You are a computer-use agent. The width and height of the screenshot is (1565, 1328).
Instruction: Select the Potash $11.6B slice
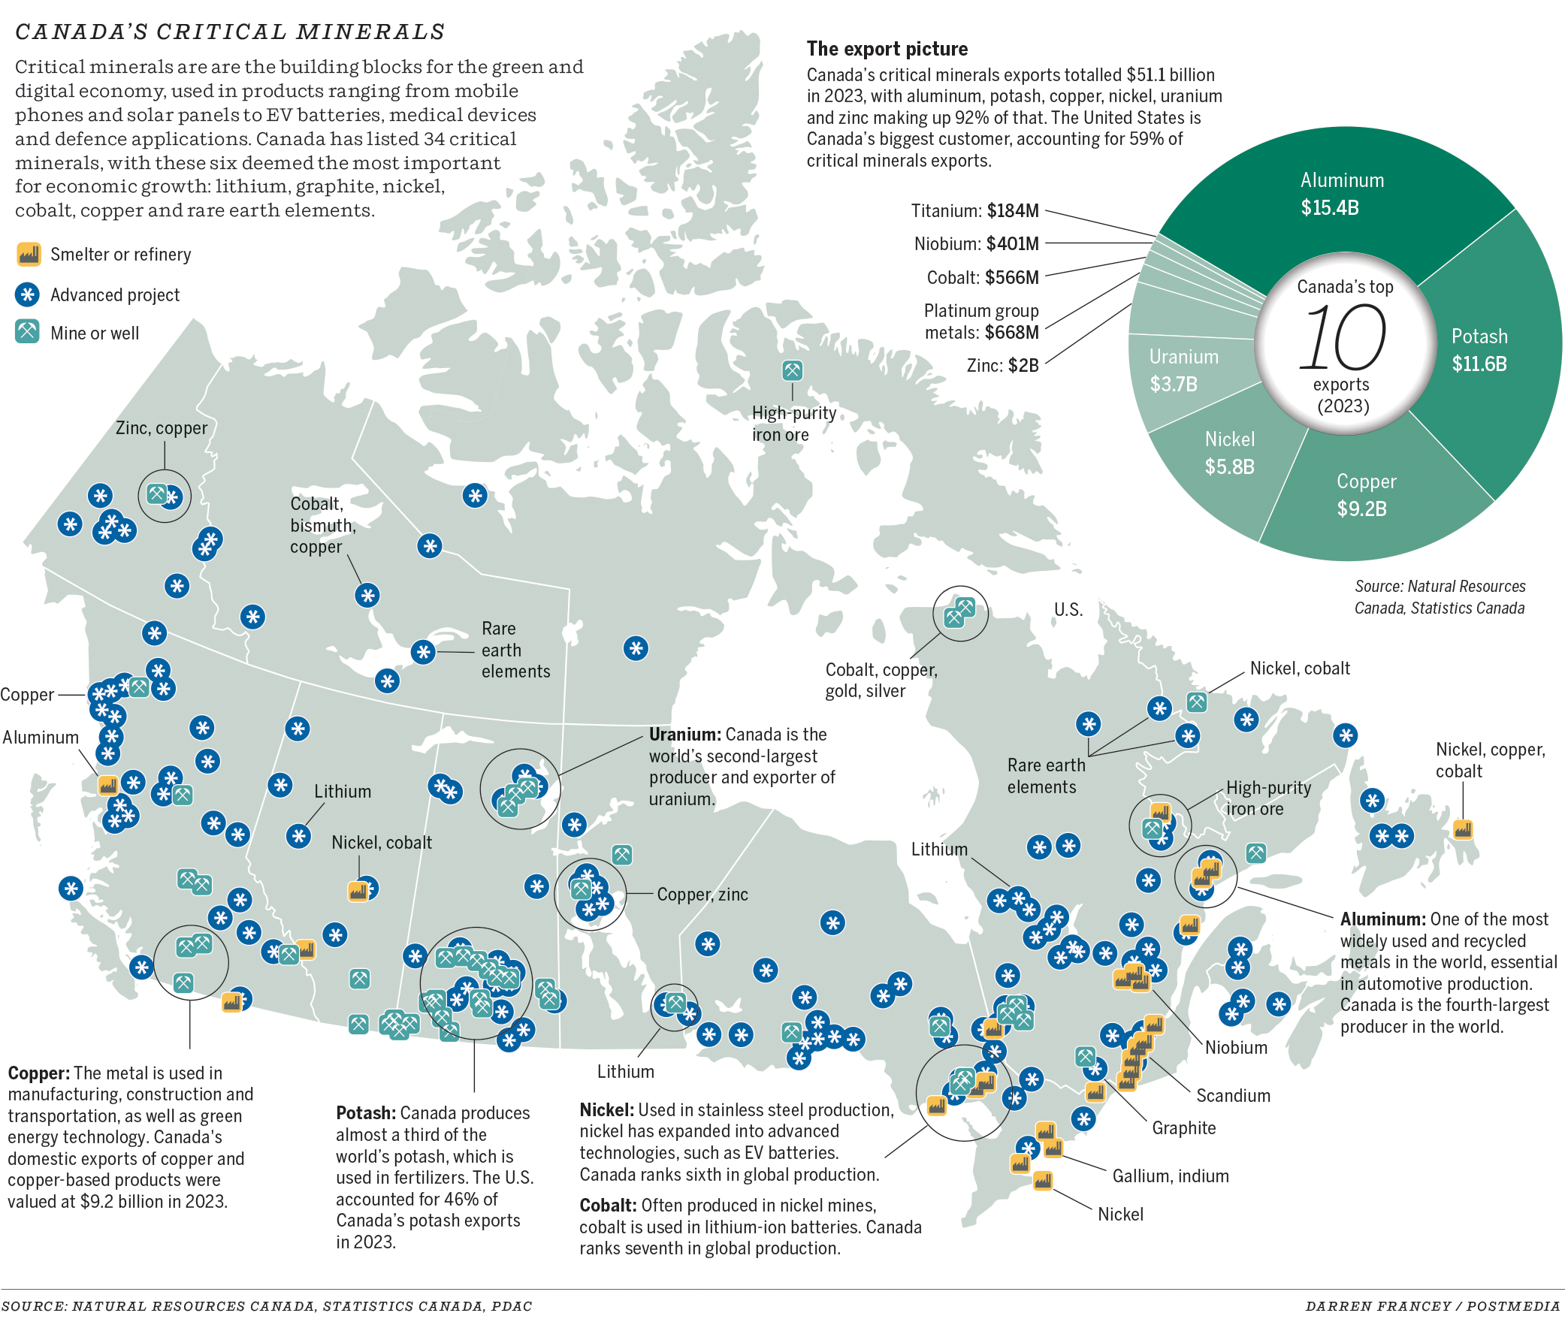1479,350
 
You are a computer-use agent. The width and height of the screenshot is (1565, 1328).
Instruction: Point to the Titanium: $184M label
974,211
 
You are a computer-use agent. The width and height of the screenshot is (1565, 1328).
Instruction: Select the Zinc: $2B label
1002,366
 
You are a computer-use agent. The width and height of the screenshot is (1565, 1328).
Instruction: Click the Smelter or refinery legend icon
29,255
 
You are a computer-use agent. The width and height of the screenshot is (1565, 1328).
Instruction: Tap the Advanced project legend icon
28,294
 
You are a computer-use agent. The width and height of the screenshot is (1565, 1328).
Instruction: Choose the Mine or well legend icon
28,332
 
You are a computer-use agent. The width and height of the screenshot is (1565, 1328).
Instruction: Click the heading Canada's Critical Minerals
230,32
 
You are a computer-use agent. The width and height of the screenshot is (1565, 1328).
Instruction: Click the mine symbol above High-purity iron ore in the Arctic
792,370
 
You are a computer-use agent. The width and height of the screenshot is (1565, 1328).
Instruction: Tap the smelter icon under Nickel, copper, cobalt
1462,829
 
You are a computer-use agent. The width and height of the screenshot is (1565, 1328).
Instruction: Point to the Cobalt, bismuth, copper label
322,526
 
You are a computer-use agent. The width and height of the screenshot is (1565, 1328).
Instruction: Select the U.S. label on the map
1068,610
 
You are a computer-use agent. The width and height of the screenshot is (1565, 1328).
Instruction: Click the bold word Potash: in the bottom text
365,1112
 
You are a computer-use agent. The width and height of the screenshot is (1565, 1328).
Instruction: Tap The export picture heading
887,49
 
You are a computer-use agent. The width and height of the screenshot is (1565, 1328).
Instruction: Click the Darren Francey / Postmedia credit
1433,1306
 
